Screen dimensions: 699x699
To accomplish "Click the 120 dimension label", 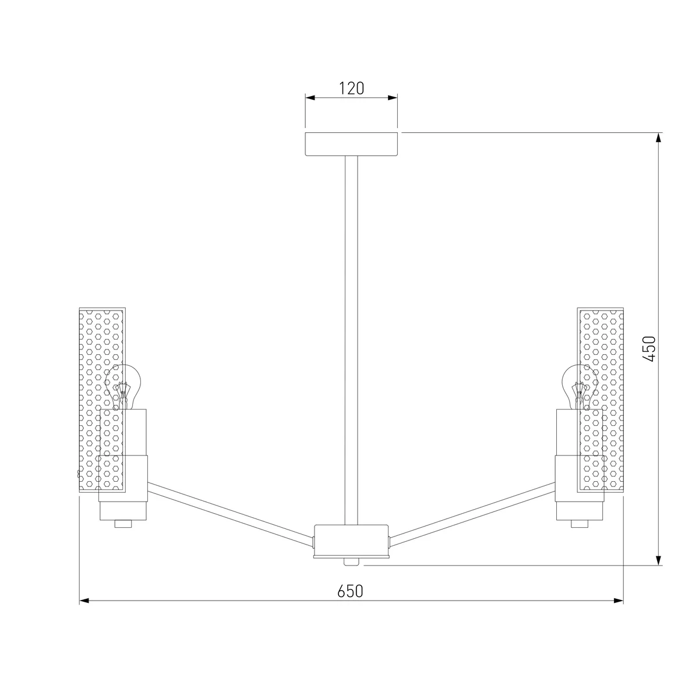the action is point(351,89).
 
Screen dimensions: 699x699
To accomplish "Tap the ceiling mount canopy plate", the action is point(351,144).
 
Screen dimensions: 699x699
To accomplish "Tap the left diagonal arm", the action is point(230,511).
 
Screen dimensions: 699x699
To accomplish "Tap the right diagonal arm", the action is point(472,511).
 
